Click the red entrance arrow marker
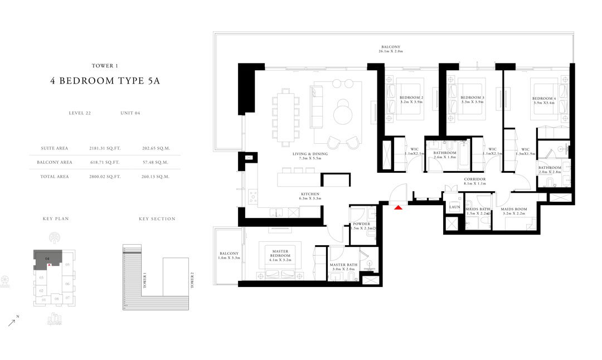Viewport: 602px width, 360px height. [x=398, y=207]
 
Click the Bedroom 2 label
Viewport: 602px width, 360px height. [x=411, y=98]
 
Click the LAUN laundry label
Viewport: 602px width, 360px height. [x=454, y=207]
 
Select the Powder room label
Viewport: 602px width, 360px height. [x=361, y=224]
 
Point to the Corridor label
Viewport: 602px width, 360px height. [x=475, y=179]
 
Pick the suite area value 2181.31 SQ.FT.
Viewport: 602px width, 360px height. [x=105, y=148]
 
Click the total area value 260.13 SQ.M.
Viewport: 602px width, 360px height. [x=157, y=176]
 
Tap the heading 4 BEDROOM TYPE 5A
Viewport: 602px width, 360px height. [x=105, y=81]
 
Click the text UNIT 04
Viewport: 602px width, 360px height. [x=130, y=113]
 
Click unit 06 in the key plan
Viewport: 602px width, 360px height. [x=67, y=284]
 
